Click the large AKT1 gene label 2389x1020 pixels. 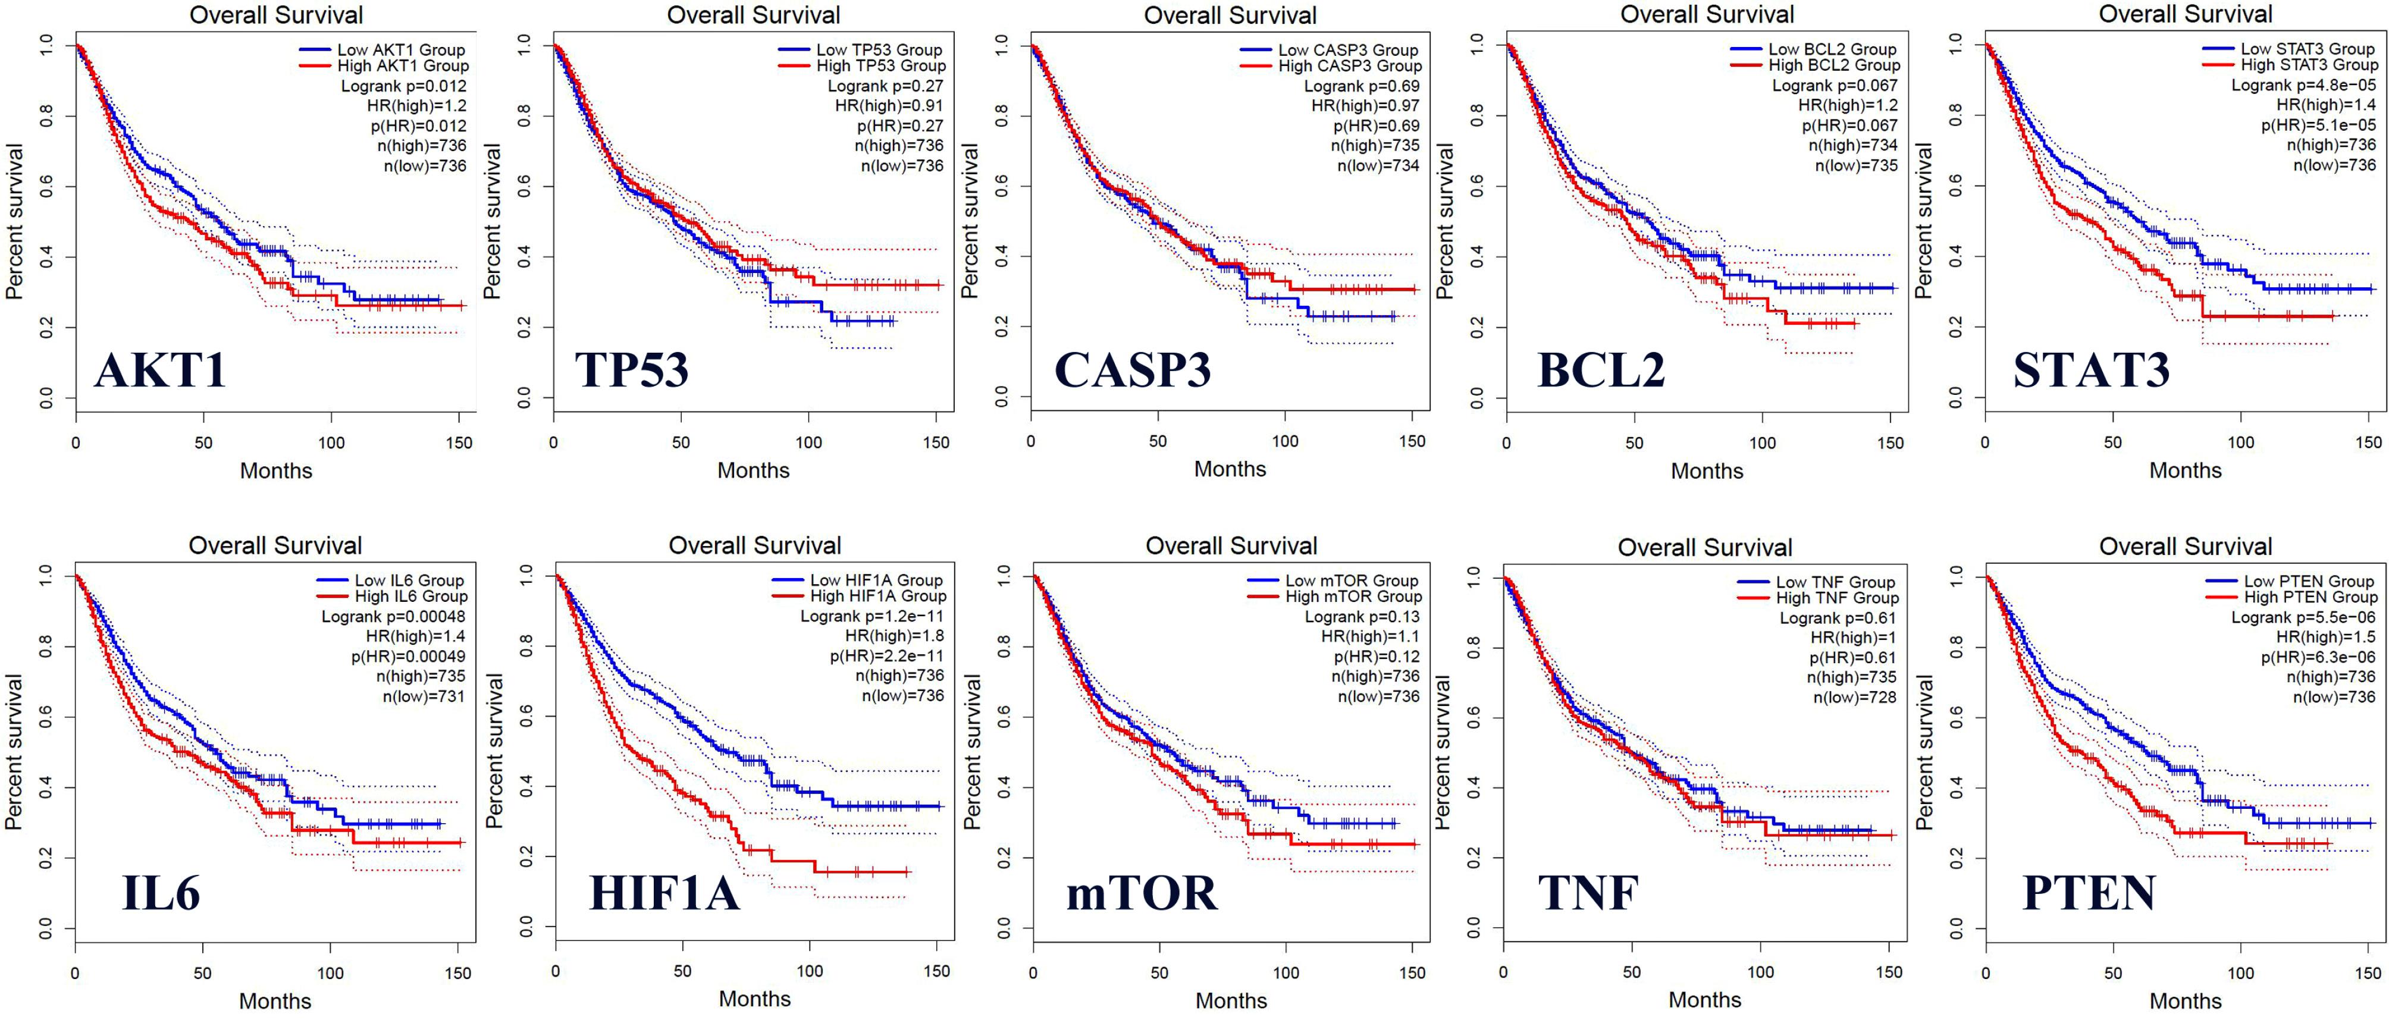pos(161,370)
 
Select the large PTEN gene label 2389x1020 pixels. pos(2089,893)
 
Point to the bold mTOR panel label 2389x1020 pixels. pos(1142,893)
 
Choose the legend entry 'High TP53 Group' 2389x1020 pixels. pos(881,66)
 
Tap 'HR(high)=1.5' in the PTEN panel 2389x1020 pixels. pos(2326,637)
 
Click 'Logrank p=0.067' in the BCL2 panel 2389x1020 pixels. pos(1835,85)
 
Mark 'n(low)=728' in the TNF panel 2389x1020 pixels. pos(1855,697)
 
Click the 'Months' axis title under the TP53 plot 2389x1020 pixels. pos(753,470)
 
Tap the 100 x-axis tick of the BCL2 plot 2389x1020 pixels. pos(1762,443)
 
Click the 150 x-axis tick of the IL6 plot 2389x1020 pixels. pos(458,974)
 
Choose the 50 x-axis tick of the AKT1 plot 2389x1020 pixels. pos(203,443)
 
